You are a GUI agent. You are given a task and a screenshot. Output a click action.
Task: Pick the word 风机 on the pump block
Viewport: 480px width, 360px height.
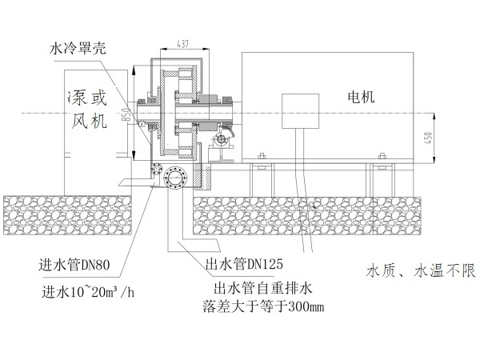[x=89, y=122]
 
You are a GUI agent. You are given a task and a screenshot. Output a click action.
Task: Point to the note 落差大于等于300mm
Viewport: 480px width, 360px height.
[x=262, y=306]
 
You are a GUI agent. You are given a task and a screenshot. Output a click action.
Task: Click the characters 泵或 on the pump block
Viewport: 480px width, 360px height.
[x=88, y=99]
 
